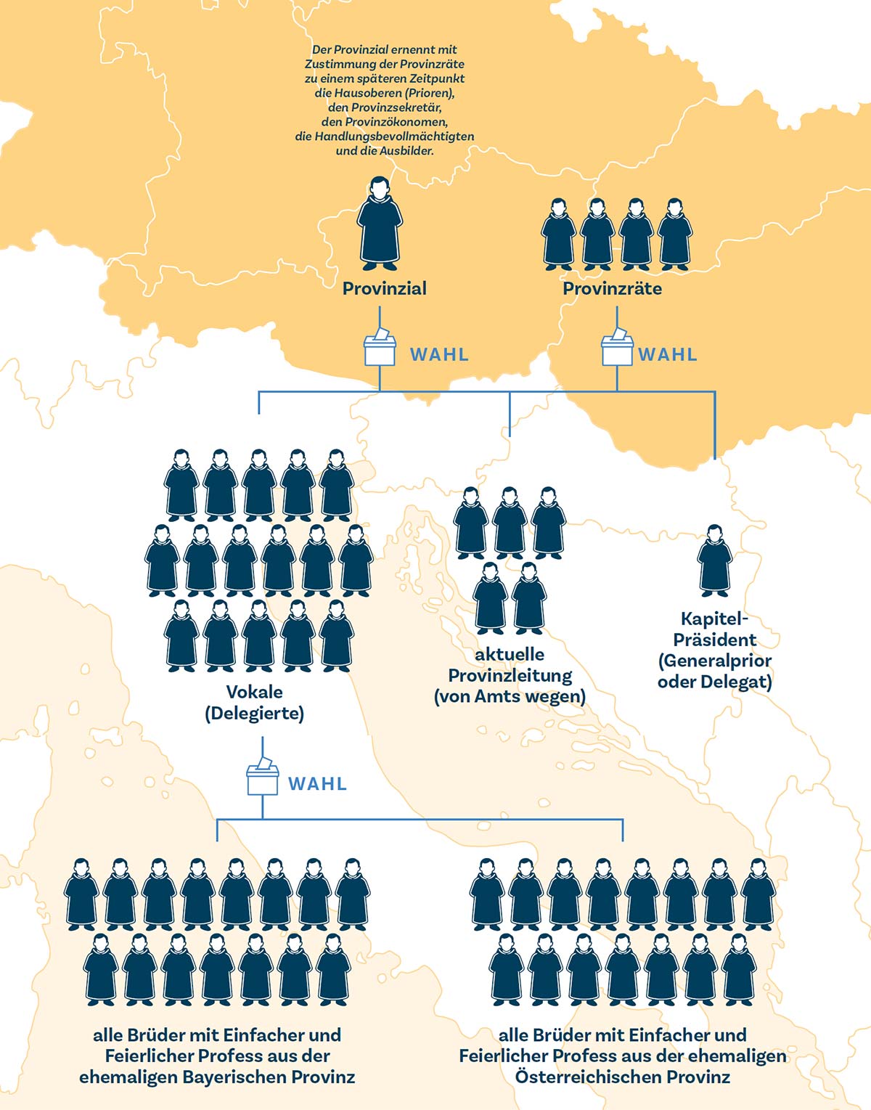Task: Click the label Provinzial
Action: [x=384, y=288]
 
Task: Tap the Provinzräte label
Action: [x=612, y=288]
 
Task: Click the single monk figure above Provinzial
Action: [x=379, y=221]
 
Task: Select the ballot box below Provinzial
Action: [x=380, y=349]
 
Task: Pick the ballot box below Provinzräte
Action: [x=617, y=349]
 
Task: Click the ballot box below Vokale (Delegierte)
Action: [x=262, y=778]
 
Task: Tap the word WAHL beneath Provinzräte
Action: [x=667, y=354]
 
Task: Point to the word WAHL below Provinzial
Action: [x=439, y=354]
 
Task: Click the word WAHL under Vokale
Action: [x=317, y=784]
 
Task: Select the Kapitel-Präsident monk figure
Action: [x=714, y=561]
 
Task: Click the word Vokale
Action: [x=254, y=692]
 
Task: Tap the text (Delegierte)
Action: [x=254, y=713]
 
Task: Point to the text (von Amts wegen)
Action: [x=510, y=697]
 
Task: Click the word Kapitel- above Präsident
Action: [x=714, y=619]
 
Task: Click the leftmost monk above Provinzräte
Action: [x=558, y=234]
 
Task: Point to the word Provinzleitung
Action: [x=510, y=676]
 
